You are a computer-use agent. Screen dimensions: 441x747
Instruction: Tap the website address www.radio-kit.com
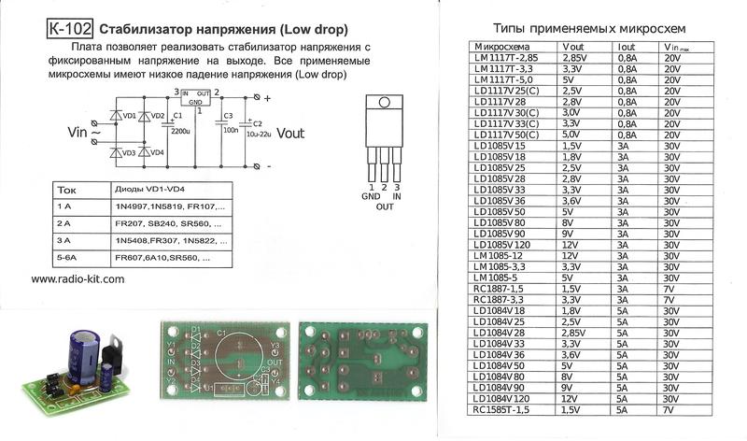[78, 278]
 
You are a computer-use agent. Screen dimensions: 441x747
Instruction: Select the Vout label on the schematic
[290, 133]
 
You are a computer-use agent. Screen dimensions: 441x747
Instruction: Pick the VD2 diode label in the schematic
[156, 117]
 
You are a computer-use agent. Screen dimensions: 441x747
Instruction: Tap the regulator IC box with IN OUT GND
[195, 96]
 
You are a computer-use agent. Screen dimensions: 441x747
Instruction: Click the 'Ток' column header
[67, 187]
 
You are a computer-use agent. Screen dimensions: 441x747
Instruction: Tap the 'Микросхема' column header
[502, 45]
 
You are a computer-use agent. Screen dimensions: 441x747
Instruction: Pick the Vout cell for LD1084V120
[571, 398]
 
